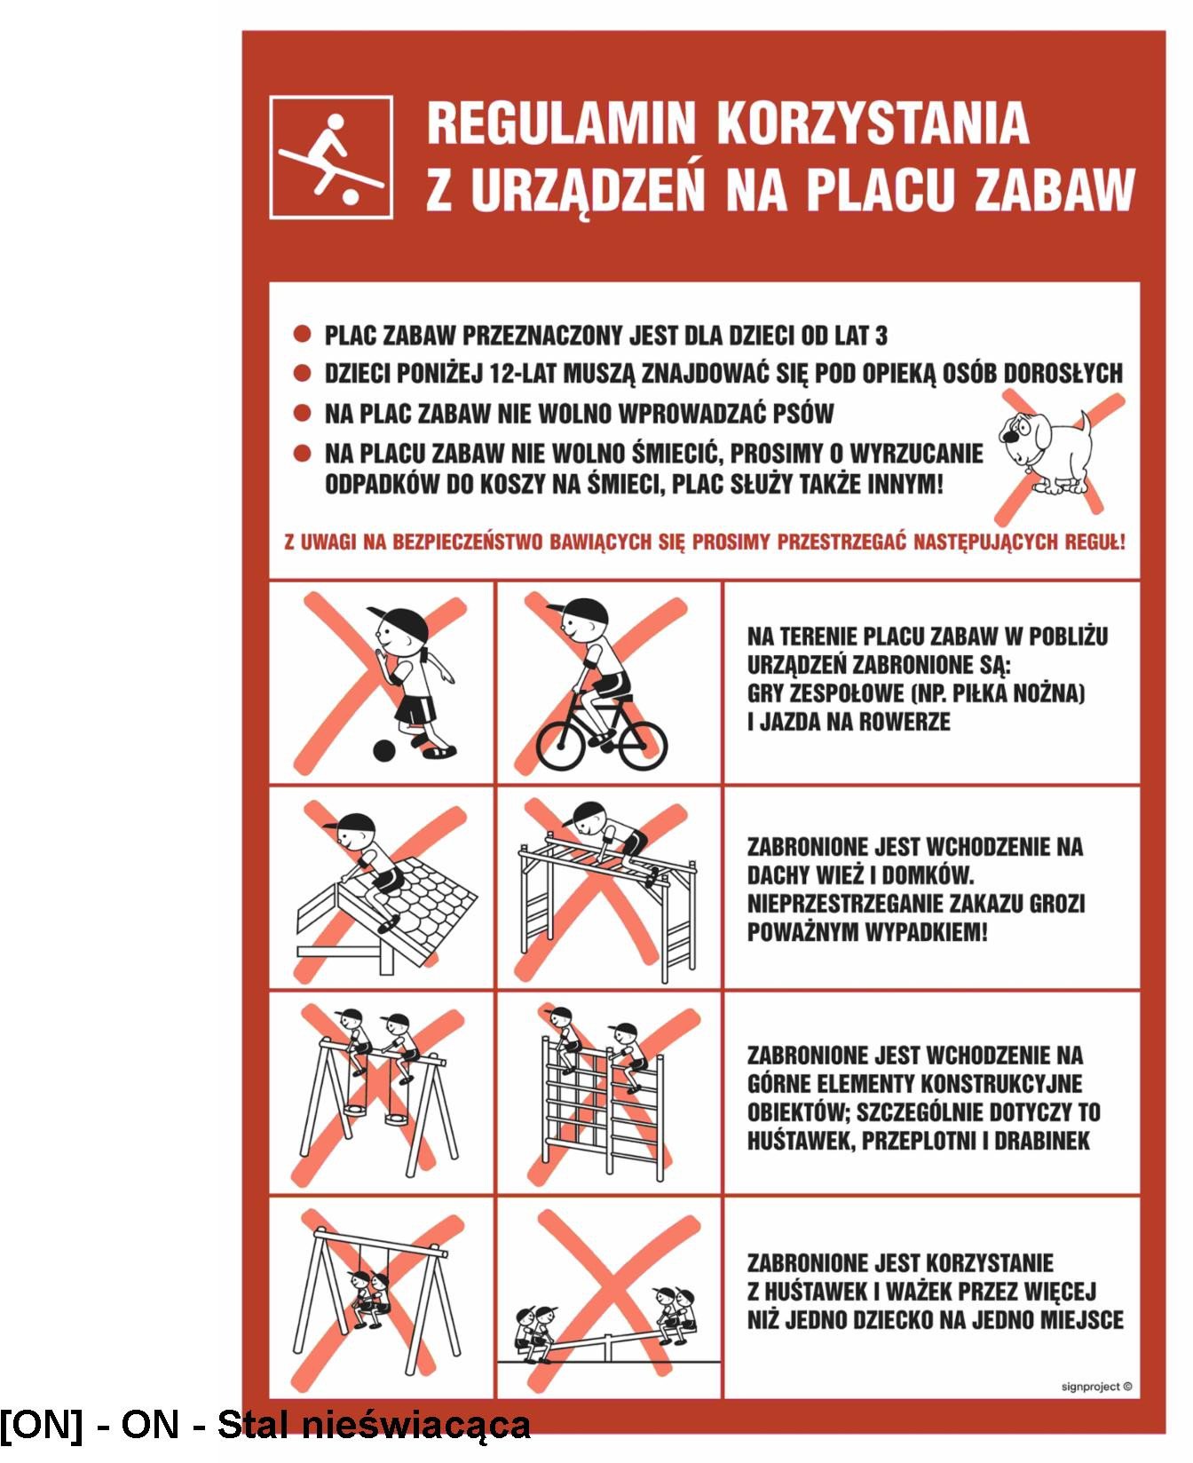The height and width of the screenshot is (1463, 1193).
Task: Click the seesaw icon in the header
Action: coord(331,157)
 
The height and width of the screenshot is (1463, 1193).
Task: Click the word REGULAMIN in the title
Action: coord(560,123)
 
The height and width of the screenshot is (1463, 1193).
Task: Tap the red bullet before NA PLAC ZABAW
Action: coord(303,413)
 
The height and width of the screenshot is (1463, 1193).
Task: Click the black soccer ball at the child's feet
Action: coord(383,751)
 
